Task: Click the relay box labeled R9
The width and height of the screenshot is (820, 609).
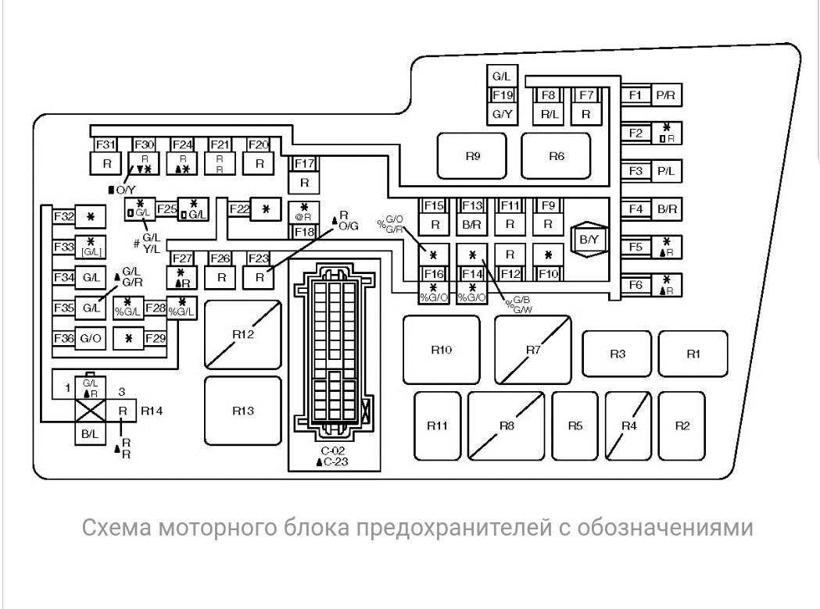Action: pos(472,156)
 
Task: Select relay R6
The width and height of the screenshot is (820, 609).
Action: pos(556,156)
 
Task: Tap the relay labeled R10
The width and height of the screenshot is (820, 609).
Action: pos(441,350)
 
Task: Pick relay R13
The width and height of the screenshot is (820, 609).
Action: pos(242,411)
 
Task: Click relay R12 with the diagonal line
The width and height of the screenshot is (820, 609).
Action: pos(242,334)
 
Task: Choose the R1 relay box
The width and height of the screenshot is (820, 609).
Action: pos(693,354)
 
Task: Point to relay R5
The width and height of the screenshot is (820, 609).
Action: pos(575,426)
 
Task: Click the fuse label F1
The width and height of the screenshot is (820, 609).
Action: pos(635,95)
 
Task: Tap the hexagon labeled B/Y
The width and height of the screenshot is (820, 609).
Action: pos(588,239)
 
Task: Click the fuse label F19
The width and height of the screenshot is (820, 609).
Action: pos(502,95)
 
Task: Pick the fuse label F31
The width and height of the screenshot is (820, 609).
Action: pos(106,144)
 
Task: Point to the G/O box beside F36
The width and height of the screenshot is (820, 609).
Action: pos(91,338)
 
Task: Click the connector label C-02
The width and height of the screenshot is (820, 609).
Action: pos(331,451)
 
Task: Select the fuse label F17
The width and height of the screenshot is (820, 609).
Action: pos(304,164)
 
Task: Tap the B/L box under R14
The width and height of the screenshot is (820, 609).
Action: pos(87,433)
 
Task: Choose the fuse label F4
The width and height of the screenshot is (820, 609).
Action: pos(635,209)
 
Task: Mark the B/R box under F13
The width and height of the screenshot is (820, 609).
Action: pos(471,224)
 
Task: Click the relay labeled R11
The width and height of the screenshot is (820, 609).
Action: pos(437,426)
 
